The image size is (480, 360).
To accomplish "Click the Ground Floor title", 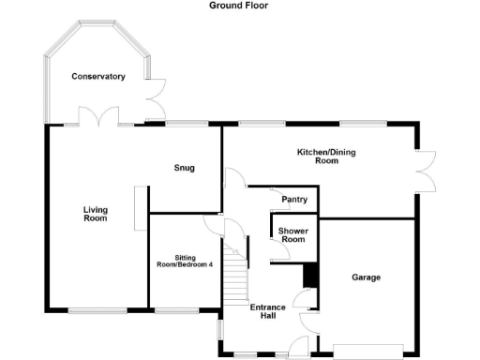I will coord(239,5).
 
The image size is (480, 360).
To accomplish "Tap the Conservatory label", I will coord(98,76).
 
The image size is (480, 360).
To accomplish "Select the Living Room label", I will coord(95,215).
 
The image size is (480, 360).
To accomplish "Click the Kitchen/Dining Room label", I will coord(318,156).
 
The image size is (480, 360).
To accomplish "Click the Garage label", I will coord(367,277).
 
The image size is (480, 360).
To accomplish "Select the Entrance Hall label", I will coord(267,311).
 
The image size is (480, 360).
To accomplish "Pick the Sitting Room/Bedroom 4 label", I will coord(185,261).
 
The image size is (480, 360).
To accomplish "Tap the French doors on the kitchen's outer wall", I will coord(427,172).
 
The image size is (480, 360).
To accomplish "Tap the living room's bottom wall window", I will coord(97,309).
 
